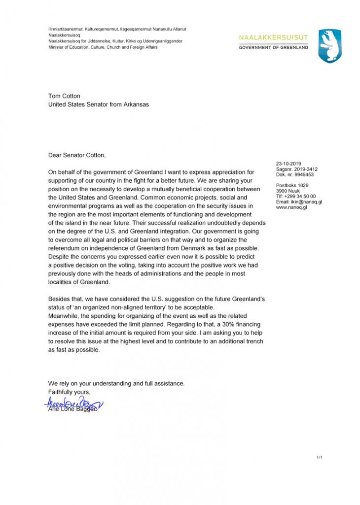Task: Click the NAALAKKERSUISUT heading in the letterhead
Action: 273,37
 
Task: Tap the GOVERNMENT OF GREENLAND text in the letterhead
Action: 273,47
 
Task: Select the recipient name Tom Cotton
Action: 64,96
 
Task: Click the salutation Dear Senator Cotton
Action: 76,155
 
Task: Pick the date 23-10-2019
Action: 288,164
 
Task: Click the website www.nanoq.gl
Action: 291,207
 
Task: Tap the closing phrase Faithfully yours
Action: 70,392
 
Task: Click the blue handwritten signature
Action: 73,404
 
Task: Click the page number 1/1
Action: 319,458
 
